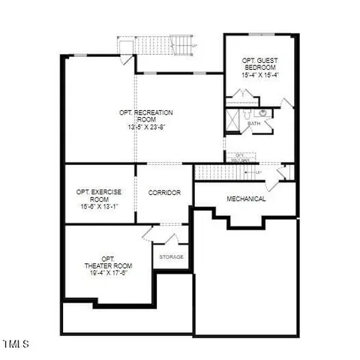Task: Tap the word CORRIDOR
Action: [x=164, y=193]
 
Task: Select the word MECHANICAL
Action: [x=247, y=199]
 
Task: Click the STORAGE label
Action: [x=171, y=256]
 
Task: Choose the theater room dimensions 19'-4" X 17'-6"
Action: [x=109, y=273]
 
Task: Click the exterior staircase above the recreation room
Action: [x=157, y=46]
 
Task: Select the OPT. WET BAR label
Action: [x=240, y=157]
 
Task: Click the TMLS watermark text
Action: [x=16, y=345]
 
